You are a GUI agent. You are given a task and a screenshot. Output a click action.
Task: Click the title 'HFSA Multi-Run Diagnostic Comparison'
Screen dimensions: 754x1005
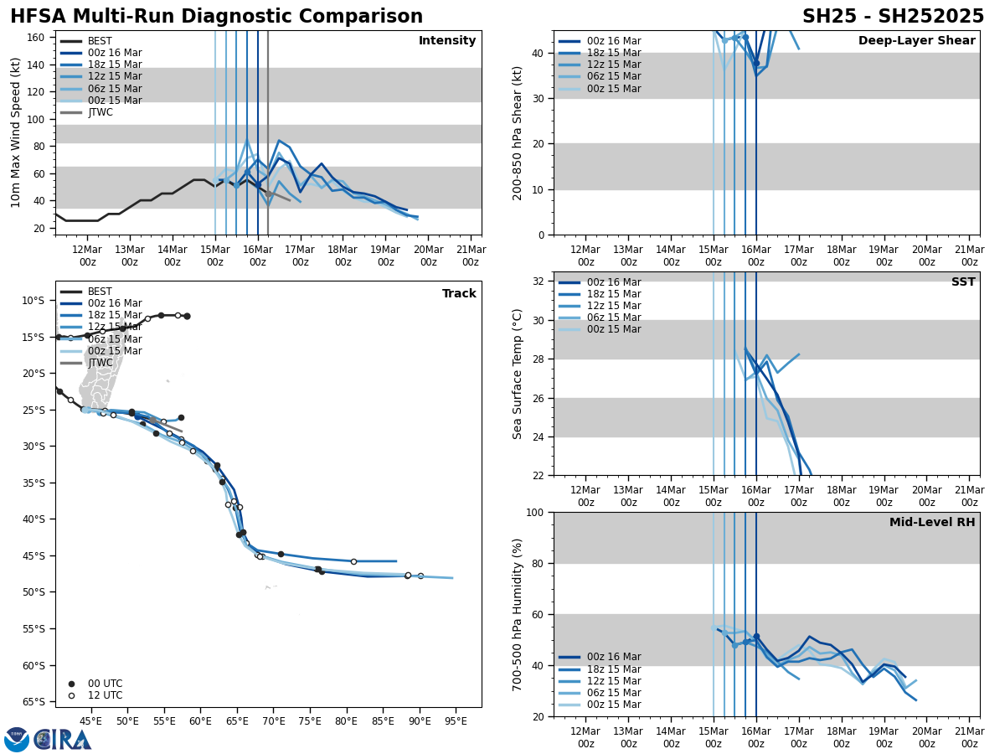(x=216, y=17)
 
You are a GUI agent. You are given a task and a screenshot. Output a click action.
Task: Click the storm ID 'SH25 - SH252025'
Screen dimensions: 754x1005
(x=893, y=17)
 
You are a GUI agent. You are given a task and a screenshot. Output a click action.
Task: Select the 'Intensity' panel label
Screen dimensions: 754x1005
(x=446, y=41)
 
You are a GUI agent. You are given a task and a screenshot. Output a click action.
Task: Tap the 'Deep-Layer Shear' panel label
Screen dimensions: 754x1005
(x=916, y=41)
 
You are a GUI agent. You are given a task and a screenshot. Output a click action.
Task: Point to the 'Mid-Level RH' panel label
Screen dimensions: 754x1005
(x=931, y=523)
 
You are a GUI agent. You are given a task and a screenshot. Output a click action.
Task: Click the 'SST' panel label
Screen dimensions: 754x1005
(x=962, y=282)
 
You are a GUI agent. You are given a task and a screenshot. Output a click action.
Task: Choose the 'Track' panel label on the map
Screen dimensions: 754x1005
(x=459, y=294)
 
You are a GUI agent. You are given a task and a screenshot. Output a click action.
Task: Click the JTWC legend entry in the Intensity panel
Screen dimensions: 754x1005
(x=100, y=112)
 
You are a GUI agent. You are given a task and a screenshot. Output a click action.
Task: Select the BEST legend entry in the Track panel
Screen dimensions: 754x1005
(x=100, y=292)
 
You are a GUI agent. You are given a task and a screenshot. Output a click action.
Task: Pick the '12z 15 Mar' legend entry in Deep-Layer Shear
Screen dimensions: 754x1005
(x=613, y=65)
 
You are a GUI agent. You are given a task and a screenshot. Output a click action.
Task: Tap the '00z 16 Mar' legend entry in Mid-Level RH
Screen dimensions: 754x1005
(x=613, y=657)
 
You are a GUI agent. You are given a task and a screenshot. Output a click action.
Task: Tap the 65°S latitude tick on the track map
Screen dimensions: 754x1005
(x=33, y=702)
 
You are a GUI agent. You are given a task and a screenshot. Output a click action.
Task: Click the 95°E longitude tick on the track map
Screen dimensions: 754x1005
(x=456, y=720)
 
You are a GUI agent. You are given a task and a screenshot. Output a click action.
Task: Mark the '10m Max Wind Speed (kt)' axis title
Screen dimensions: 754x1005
(x=16, y=132)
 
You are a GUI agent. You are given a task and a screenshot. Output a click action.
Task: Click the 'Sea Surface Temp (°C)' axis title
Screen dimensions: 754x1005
(x=518, y=374)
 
